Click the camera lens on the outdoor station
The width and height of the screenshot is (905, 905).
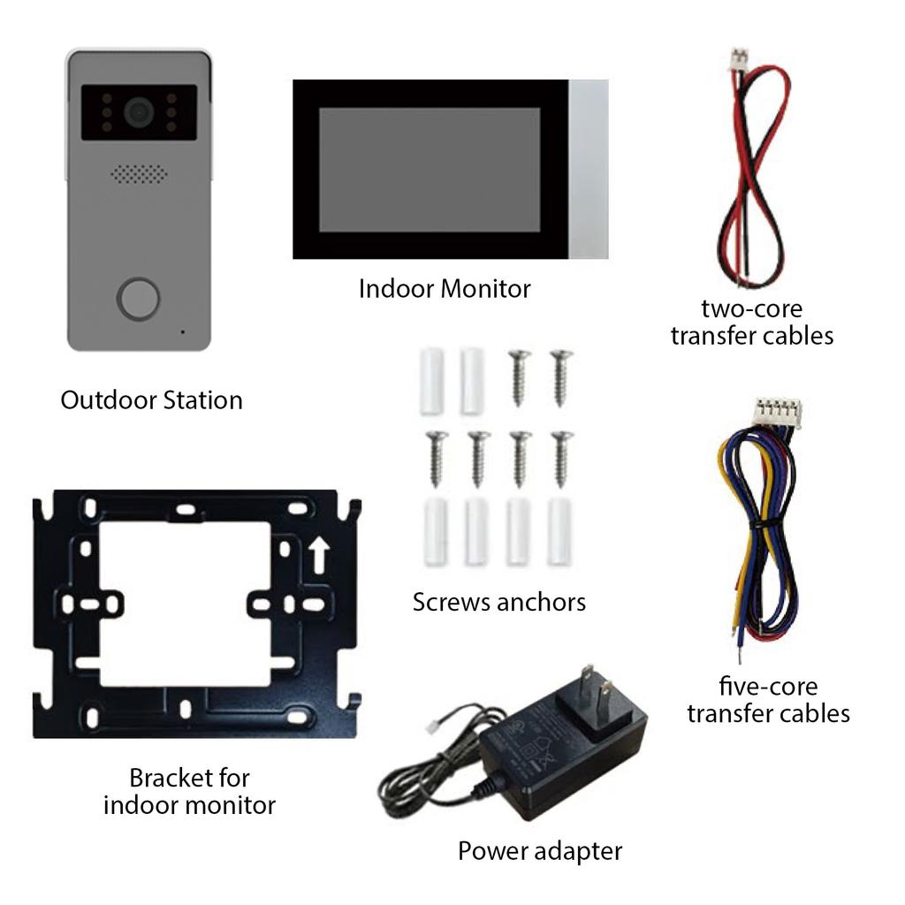(x=138, y=111)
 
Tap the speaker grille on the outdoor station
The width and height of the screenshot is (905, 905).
(x=139, y=174)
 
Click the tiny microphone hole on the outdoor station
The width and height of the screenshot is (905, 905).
(x=183, y=332)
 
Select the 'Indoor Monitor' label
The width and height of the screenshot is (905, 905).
(x=445, y=289)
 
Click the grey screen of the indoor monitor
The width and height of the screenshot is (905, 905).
(x=430, y=170)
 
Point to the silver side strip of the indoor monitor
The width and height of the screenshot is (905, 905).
(x=589, y=169)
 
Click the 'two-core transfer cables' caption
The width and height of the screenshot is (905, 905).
(x=751, y=323)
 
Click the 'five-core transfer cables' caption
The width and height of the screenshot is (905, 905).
(x=768, y=700)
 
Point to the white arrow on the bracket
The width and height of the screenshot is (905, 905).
(x=319, y=554)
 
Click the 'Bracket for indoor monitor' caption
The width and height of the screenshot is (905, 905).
(x=189, y=791)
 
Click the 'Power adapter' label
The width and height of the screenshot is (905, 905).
(x=539, y=851)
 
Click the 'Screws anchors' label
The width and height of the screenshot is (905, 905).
(x=498, y=603)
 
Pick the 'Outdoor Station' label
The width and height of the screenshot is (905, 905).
(x=151, y=400)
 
